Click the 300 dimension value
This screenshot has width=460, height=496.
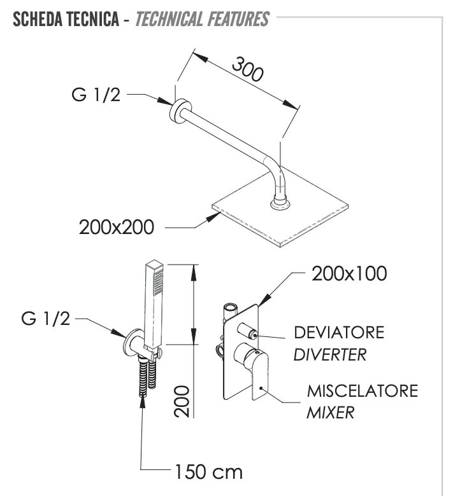click(x=247, y=69)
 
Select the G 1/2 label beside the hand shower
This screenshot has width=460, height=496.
click(x=46, y=319)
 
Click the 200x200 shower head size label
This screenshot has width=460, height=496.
click(x=117, y=228)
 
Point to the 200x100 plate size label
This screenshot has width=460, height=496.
click(x=349, y=274)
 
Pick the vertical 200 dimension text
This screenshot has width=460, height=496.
click(x=184, y=400)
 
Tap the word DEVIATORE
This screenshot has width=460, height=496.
click(x=339, y=333)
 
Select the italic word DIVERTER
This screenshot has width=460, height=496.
click(x=330, y=354)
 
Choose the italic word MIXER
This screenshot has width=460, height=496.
click(x=331, y=413)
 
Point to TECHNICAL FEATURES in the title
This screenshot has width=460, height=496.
click(x=203, y=19)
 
